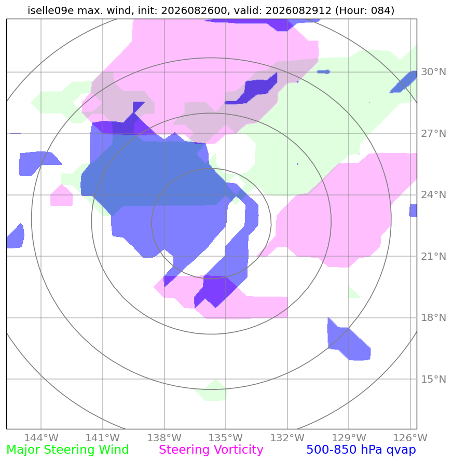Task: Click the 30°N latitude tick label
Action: pyautogui.click(x=433, y=72)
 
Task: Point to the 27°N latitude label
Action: pyautogui.click(x=433, y=133)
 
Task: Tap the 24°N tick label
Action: pyautogui.click(x=433, y=195)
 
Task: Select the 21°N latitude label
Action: pyautogui.click(x=433, y=256)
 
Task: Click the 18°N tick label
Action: pyautogui.click(x=433, y=318)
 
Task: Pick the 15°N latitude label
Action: pyautogui.click(x=433, y=379)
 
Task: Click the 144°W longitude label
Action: pyautogui.click(x=41, y=438)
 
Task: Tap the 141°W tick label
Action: pyautogui.click(x=103, y=438)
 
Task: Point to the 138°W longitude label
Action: pyautogui.click(x=164, y=438)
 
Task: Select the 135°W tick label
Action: pyautogui.click(x=226, y=438)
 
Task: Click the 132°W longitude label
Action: pyautogui.click(x=287, y=438)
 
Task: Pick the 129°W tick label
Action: pyautogui.click(x=349, y=438)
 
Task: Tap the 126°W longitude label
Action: pyautogui.click(x=410, y=438)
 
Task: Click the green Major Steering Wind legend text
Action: pyautogui.click(x=67, y=450)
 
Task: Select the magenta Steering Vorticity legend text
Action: pyautogui.click(x=211, y=450)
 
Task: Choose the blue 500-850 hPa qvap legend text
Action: pyautogui.click(x=361, y=450)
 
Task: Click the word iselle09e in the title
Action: pyautogui.click(x=51, y=10)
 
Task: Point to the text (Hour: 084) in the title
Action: pyautogui.click(x=365, y=10)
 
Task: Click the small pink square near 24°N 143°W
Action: pyautogui.click(x=62, y=195)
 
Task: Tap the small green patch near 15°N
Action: pyautogui.click(x=211, y=390)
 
